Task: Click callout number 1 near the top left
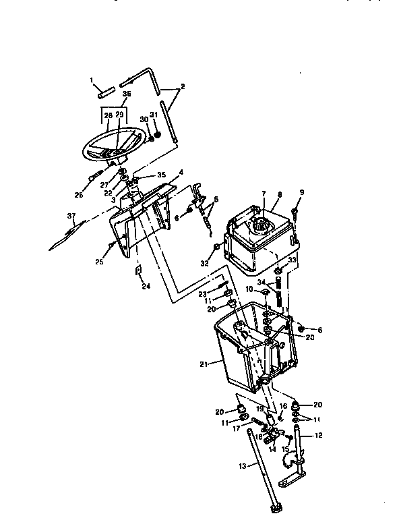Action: [92, 80]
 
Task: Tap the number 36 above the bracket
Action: [127, 94]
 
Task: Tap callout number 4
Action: [180, 173]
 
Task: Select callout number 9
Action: [301, 192]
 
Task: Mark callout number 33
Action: [292, 260]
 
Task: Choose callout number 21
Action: [204, 365]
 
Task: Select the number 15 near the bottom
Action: [285, 449]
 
